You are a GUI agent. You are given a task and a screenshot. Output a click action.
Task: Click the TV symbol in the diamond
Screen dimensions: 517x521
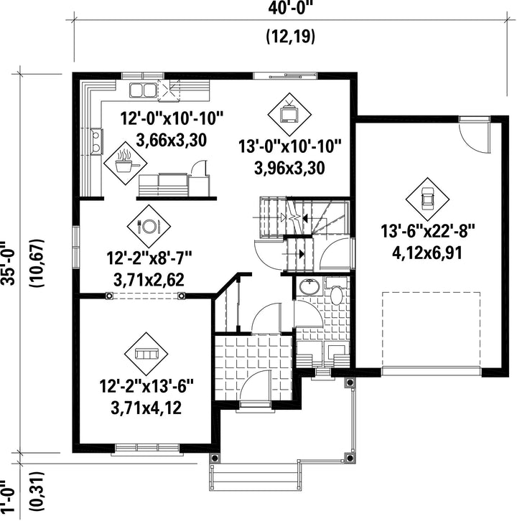point(289,113)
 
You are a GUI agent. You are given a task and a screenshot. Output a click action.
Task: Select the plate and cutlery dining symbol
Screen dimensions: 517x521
point(149,226)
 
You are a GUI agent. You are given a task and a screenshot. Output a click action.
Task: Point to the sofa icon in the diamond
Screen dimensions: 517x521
point(146,354)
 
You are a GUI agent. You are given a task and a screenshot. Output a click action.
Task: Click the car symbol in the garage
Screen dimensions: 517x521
point(427,199)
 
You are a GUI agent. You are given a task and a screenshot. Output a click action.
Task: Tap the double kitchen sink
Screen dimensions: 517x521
point(143,90)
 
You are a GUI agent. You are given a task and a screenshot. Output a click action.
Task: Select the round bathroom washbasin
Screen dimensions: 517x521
point(309,286)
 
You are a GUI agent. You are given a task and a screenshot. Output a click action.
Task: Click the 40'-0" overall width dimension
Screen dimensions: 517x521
point(292,7)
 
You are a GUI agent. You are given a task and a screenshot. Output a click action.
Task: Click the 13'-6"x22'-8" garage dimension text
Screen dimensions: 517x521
point(427,231)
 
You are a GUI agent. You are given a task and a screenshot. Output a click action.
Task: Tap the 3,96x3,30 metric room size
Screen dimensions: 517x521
point(289,168)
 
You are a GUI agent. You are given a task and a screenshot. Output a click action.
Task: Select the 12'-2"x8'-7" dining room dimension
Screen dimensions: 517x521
point(149,258)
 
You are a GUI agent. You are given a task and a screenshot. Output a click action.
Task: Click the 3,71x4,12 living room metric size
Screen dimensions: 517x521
point(146,408)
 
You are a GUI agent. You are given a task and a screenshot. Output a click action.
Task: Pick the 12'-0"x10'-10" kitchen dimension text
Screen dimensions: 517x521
point(172,118)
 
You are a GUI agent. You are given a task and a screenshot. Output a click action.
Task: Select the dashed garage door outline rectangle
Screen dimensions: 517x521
point(431,329)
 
